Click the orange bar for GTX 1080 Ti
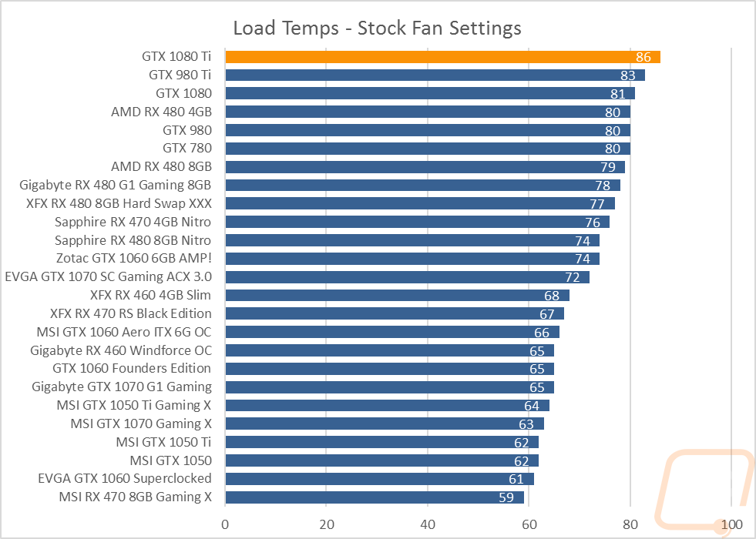(x=442, y=57)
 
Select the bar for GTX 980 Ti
(x=435, y=75)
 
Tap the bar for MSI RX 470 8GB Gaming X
(x=375, y=497)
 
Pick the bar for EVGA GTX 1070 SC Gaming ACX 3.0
(x=408, y=277)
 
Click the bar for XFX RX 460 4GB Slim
(x=398, y=295)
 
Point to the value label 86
(x=643, y=57)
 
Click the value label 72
(x=573, y=277)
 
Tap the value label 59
(x=506, y=497)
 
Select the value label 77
(x=597, y=204)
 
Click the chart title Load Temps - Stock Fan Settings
(x=377, y=28)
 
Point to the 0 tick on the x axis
(x=225, y=524)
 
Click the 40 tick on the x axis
(x=428, y=524)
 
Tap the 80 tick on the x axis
(x=630, y=524)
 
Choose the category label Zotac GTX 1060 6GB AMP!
(x=134, y=259)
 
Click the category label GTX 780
(x=187, y=149)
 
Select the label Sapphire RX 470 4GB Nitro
(x=133, y=222)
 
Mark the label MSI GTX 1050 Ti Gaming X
(x=134, y=406)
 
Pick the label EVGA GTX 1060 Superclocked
(x=125, y=479)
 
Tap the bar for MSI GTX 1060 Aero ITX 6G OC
(x=392, y=332)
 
